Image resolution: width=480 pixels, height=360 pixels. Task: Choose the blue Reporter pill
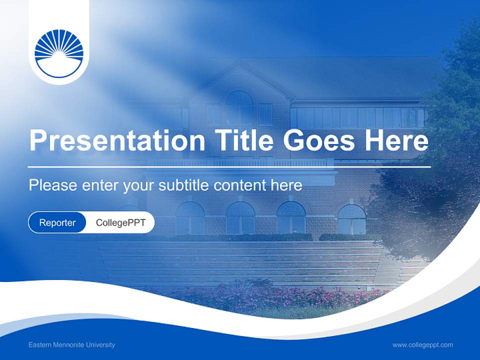(x=57, y=222)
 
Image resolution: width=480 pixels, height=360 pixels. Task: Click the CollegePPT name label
(x=120, y=222)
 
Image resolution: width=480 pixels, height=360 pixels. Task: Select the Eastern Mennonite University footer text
(x=71, y=345)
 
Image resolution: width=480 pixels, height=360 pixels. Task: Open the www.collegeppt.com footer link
(x=422, y=345)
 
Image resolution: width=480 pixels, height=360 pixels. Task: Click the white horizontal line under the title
(x=229, y=166)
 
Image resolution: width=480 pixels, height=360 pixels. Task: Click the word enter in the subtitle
(x=99, y=185)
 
